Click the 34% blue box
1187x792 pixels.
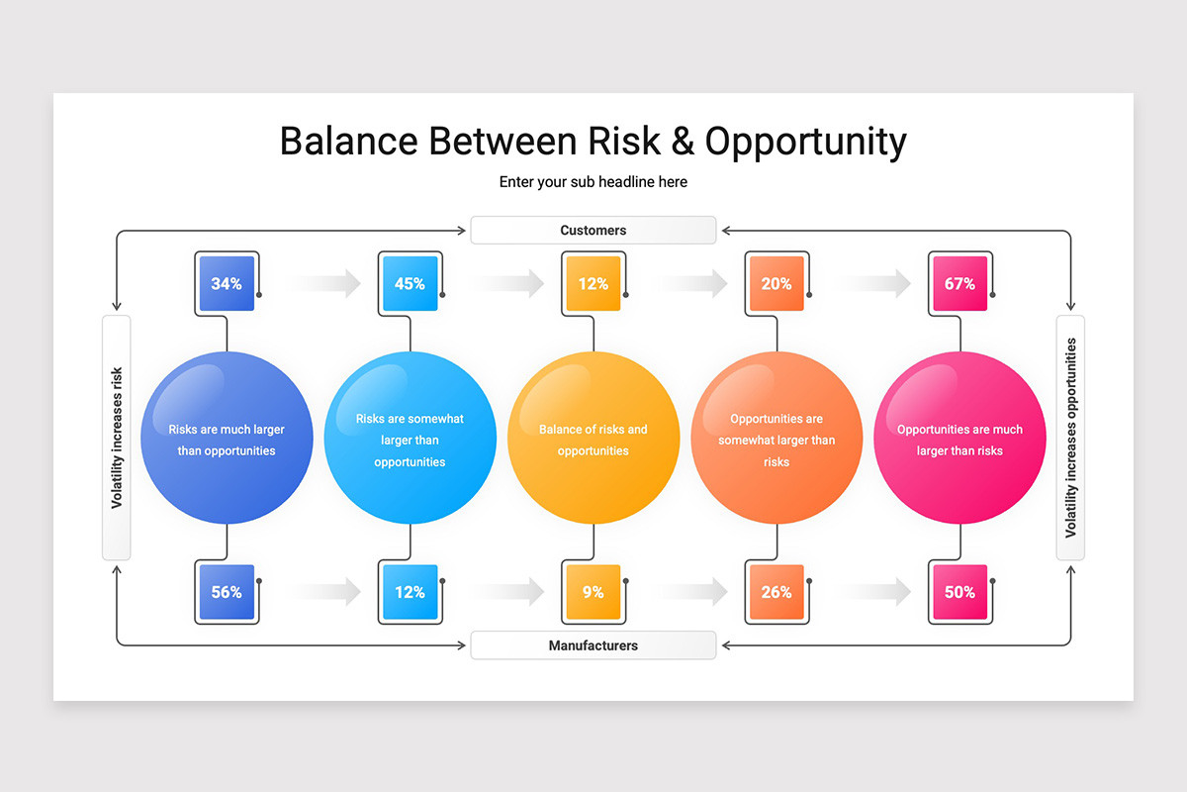point(227,283)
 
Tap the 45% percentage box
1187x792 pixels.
point(411,283)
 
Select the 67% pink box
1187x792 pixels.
point(959,283)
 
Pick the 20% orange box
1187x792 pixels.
point(776,283)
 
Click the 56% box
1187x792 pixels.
point(227,591)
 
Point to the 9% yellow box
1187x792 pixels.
point(593,591)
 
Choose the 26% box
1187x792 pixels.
point(776,591)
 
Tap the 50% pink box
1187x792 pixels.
point(959,591)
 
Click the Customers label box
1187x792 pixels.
point(593,230)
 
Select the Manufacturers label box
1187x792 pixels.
point(593,645)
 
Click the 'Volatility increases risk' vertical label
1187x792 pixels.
point(116,438)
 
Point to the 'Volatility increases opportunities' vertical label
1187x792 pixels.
point(1070,438)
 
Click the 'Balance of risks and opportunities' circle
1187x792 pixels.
point(593,438)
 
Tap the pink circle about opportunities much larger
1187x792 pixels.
point(959,438)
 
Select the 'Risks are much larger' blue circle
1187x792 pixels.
point(227,438)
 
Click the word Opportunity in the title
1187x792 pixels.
point(805,143)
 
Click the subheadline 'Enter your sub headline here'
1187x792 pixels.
point(593,182)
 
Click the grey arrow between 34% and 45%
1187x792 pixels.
point(325,283)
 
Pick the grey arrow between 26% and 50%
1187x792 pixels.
point(875,591)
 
